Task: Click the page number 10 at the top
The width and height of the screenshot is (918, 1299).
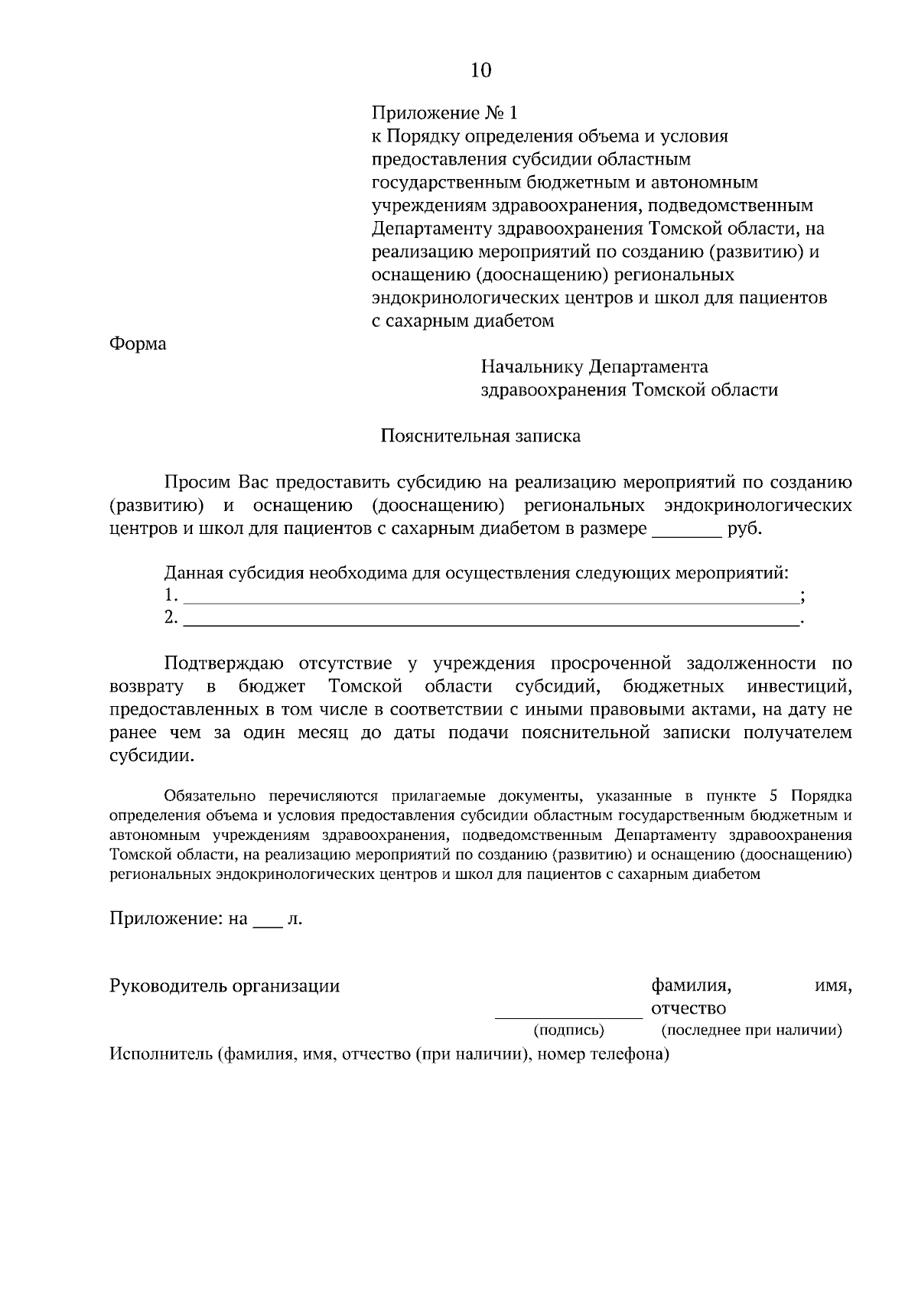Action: coord(481,70)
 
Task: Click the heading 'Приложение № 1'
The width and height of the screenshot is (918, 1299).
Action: coord(444,113)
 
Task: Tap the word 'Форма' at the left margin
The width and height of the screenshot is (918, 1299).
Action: coord(138,343)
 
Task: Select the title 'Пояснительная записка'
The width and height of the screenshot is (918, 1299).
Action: coord(480,436)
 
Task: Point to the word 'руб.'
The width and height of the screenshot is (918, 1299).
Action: coord(745,529)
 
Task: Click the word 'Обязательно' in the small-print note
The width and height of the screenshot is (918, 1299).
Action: coord(203,796)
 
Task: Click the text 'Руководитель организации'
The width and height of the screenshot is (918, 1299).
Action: coord(225,985)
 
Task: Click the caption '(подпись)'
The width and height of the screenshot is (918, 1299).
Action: coord(568,1030)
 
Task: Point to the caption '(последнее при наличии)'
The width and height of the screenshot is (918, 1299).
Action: coord(751,1030)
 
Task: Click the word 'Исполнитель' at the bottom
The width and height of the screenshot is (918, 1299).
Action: coord(159,1055)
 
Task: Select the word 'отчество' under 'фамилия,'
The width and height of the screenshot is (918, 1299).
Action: coord(688,1008)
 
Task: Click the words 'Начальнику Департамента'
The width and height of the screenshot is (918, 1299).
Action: coord(594,367)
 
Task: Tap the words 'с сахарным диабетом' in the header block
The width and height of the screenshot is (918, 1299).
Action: coord(463,321)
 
